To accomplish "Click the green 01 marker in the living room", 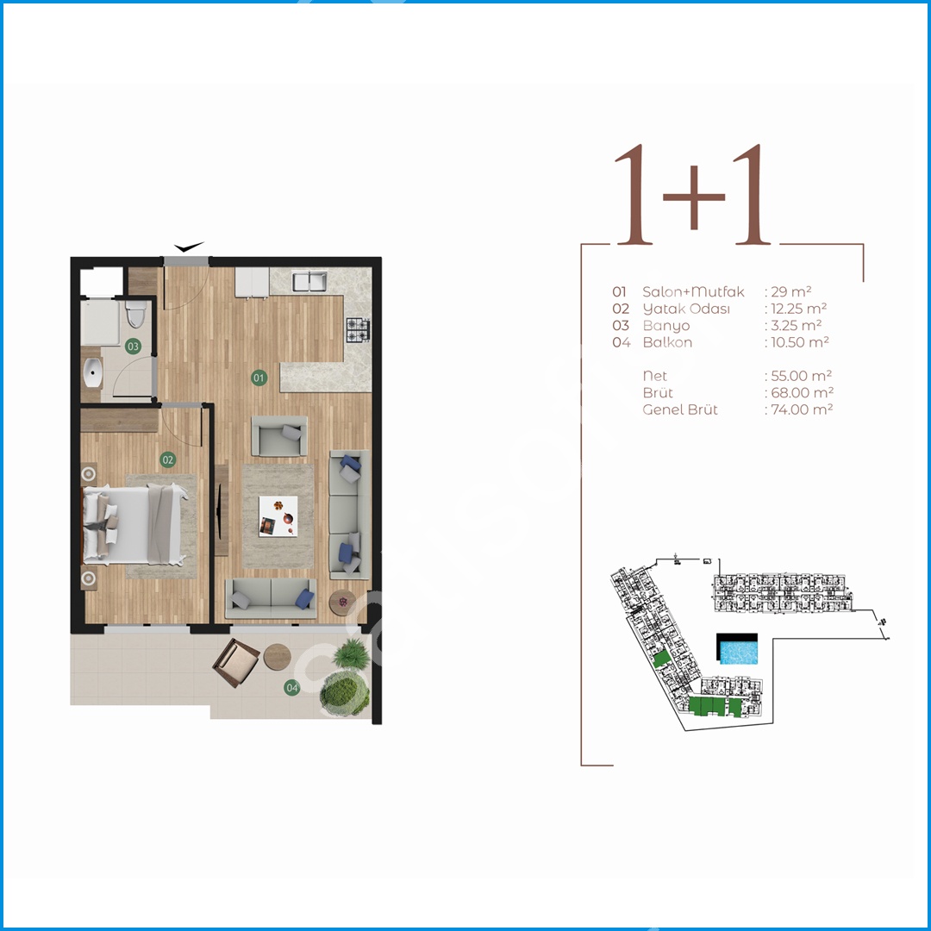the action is point(259,378).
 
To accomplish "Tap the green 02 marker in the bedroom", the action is point(168,459).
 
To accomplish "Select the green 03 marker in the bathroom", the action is point(133,347).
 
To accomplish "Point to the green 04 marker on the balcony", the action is point(292,688).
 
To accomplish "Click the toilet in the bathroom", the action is point(136,314).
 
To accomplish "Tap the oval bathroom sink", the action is point(92,373).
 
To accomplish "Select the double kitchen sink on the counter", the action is point(309,281).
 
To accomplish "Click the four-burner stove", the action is point(358,330).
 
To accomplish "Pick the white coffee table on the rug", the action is point(278,516).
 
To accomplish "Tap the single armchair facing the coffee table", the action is point(279,436).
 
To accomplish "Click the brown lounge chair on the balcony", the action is point(235,663).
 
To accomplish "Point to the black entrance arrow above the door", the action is point(189,247).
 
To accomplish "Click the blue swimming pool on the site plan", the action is point(737,652).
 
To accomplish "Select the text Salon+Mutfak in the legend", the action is point(693,291).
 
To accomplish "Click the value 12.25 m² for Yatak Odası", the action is point(798,309).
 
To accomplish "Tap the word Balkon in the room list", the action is point(667,342).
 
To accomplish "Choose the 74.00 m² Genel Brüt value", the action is point(802,409).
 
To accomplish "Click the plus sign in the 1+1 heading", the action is point(693,197).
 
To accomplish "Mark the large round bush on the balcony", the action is point(344,693).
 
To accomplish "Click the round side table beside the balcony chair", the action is point(278,657).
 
